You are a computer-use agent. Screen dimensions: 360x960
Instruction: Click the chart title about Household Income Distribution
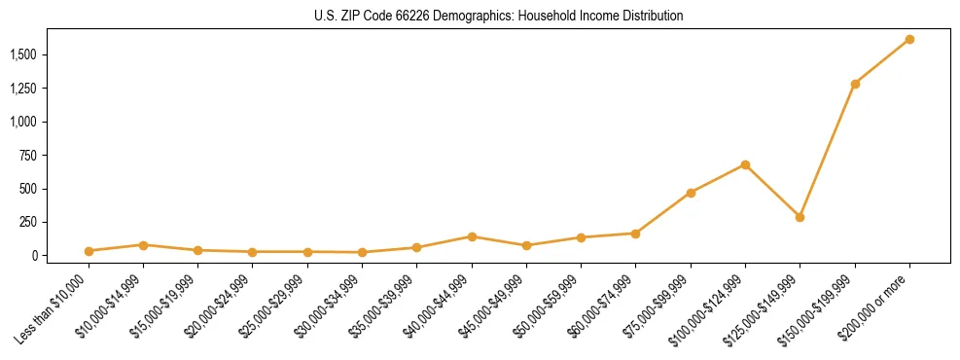[x=498, y=17]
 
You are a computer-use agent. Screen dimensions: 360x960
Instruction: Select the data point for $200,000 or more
[x=909, y=39]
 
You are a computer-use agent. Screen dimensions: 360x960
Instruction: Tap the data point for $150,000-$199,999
[x=855, y=84]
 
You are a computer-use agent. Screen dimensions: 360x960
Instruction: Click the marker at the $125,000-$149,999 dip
[x=800, y=217]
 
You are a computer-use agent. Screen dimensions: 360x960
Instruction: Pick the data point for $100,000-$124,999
[x=745, y=164]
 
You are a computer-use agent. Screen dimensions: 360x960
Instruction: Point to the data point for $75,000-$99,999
[x=691, y=193]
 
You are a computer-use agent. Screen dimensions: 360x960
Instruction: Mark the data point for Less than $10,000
[x=89, y=251]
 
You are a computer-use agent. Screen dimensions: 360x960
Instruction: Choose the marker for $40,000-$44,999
[x=472, y=236]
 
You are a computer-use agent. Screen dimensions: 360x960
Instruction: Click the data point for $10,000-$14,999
[x=143, y=245]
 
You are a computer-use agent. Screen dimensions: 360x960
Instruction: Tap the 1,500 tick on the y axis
[x=24, y=54]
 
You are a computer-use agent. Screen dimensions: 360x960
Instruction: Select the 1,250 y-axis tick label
[x=24, y=89]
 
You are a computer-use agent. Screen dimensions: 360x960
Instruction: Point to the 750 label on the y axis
[x=29, y=155]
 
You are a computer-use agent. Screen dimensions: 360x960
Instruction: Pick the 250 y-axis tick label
[x=29, y=222]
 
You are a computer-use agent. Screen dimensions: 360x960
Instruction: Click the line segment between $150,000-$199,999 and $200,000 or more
[x=882, y=61]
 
